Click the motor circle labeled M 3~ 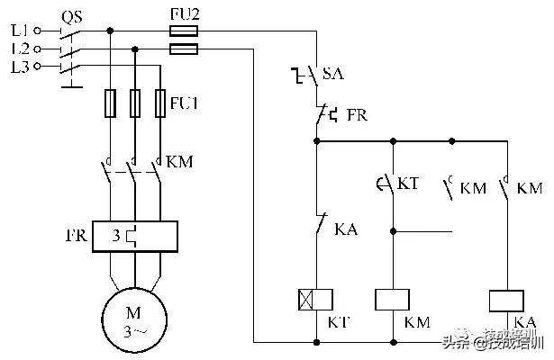pyautogui.click(x=134, y=320)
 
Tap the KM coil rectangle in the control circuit pyautogui.click(x=394, y=300)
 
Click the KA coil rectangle pyautogui.click(x=507, y=300)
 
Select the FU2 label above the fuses pyautogui.click(x=185, y=14)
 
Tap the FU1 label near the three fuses pyautogui.click(x=185, y=103)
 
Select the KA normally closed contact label pyautogui.click(x=347, y=230)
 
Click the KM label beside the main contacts pyautogui.click(x=181, y=163)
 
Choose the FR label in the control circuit pyautogui.click(x=358, y=115)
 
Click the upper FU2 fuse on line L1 pyautogui.click(x=184, y=31)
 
